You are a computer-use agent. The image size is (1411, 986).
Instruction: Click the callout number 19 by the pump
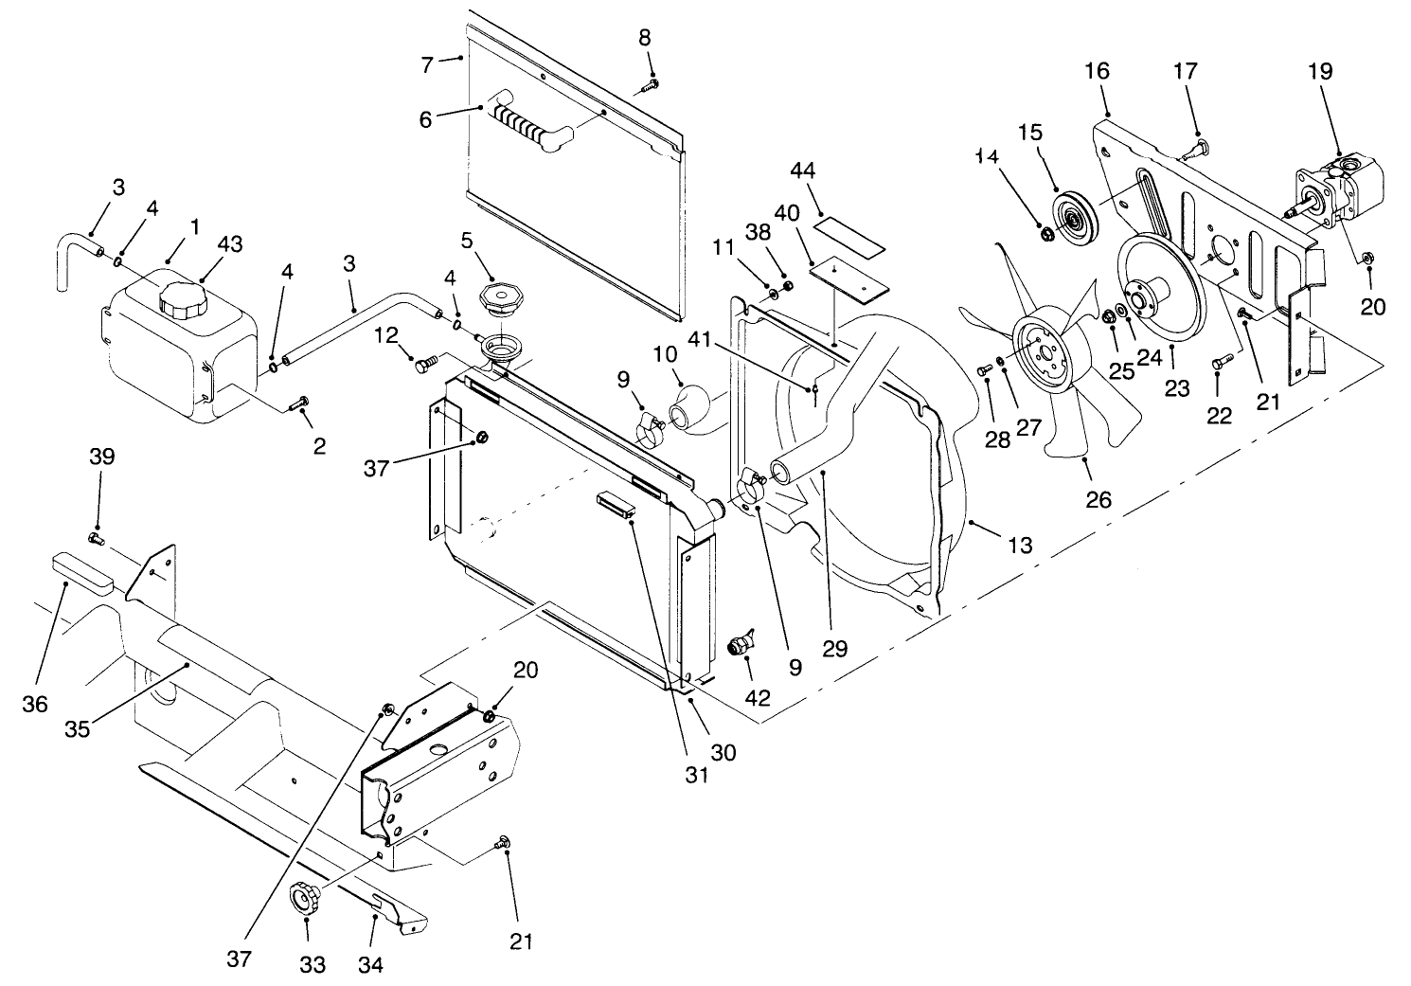point(1320,71)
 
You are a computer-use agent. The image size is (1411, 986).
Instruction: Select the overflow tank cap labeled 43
point(181,300)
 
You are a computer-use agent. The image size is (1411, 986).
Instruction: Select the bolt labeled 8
point(650,86)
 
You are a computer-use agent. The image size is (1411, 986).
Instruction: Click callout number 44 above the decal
point(803,170)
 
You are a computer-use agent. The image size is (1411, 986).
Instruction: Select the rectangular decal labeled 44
point(849,234)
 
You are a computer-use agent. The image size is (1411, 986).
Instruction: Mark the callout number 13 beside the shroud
point(1020,546)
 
